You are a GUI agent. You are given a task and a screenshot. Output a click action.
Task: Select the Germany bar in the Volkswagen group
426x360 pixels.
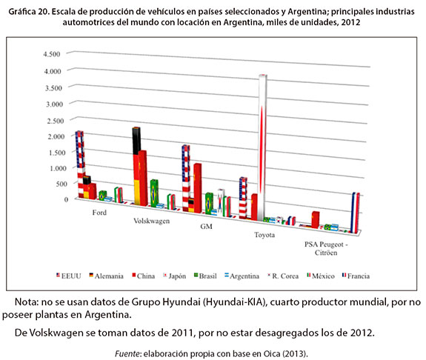[x=136, y=166]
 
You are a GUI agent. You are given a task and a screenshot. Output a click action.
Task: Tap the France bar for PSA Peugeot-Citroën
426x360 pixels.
[x=356, y=213]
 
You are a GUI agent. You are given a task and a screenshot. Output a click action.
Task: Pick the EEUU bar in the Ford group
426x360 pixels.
[x=80, y=164]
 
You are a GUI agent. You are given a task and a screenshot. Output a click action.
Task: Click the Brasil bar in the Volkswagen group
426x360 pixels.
[x=154, y=193]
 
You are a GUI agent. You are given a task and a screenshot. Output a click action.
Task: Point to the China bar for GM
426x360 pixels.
[x=198, y=187]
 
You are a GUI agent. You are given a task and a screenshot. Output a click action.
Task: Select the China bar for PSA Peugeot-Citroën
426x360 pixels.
[x=316, y=219]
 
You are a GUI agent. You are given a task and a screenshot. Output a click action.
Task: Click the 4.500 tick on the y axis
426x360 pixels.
[x=52, y=54]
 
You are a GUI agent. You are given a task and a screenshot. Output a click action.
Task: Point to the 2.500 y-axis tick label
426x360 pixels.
[x=56, y=121]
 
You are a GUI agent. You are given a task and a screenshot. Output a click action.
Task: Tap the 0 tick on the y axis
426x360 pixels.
[x=66, y=200]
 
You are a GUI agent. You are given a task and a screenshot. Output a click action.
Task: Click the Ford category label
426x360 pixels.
[x=99, y=213]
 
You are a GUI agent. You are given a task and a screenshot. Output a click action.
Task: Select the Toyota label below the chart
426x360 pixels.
[x=264, y=235]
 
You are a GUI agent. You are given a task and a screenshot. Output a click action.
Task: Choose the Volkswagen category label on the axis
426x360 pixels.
[x=151, y=221]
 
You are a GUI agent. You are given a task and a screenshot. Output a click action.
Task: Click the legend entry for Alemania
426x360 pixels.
[x=106, y=276]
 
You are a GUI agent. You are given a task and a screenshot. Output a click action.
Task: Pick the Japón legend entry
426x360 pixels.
[x=174, y=276]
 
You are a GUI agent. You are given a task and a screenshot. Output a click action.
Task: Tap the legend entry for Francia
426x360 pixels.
[x=356, y=276]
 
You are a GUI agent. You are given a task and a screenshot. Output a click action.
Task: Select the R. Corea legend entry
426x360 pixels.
[x=283, y=276]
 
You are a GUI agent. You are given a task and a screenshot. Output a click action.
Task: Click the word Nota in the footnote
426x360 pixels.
[x=27, y=302]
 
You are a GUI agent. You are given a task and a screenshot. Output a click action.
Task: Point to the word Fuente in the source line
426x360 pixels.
[x=127, y=353]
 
